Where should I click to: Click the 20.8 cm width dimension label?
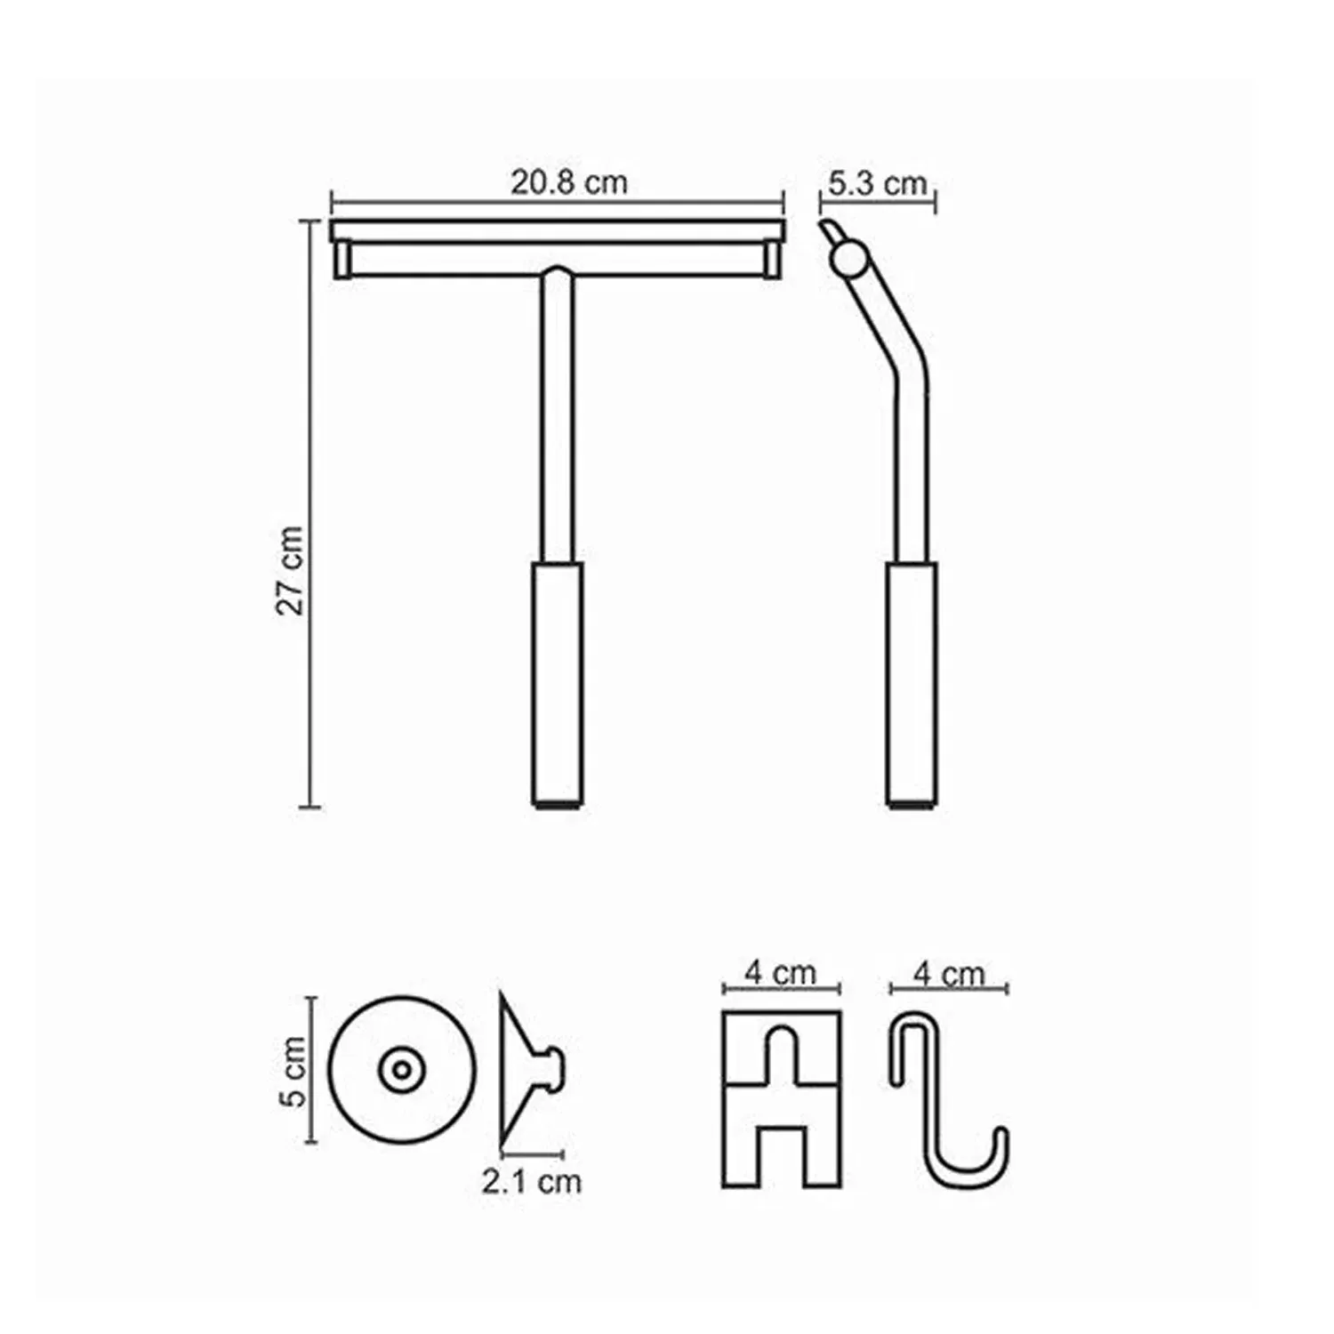(569, 182)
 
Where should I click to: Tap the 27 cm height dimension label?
(290, 570)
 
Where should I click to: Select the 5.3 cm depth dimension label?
(877, 183)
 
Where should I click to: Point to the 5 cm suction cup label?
(293, 1071)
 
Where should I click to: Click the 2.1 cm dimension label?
(532, 1181)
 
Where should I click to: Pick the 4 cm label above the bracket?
(780, 973)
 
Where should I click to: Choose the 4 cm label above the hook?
(949, 975)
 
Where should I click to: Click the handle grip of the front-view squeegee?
(558, 684)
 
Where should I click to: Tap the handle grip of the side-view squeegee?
(912, 684)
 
